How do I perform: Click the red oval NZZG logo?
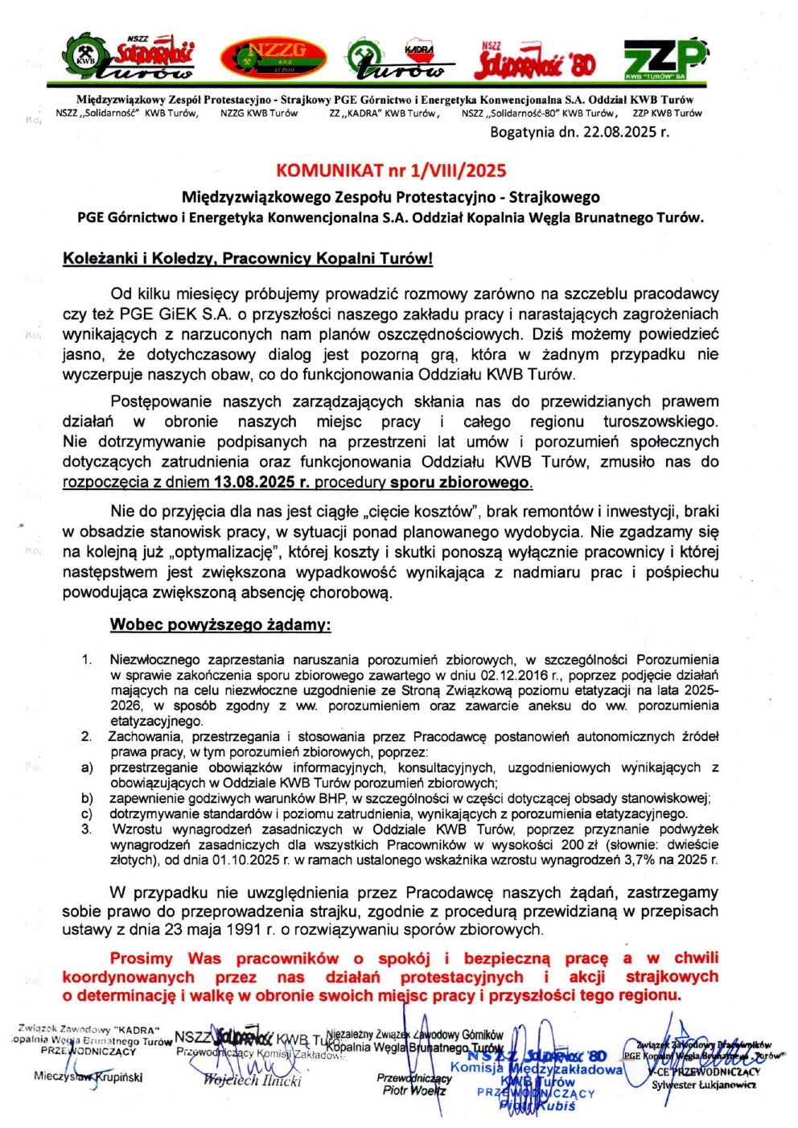pos(273,56)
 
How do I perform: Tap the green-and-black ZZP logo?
pos(664,58)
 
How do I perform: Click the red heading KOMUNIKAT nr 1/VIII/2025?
pos(391,170)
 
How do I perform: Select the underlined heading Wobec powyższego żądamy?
pos(220,624)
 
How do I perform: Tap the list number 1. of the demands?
pos(87,660)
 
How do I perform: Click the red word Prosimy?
pos(141,958)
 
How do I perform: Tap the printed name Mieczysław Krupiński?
pos(88,1076)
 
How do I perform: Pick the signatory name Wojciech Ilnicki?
pos(253,1080)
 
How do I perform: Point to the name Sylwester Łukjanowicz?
pos(704,1085)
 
